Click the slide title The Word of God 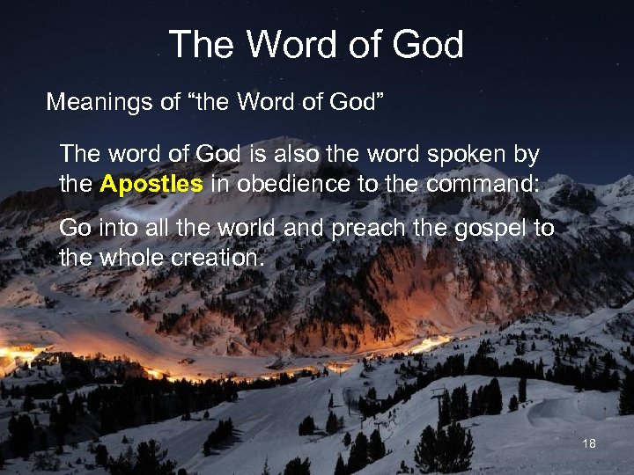coord(315,45)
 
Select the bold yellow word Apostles coord(151,185)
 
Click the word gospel coord(490,230)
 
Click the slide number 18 coord(589,444)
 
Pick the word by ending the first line coord(527,156)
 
